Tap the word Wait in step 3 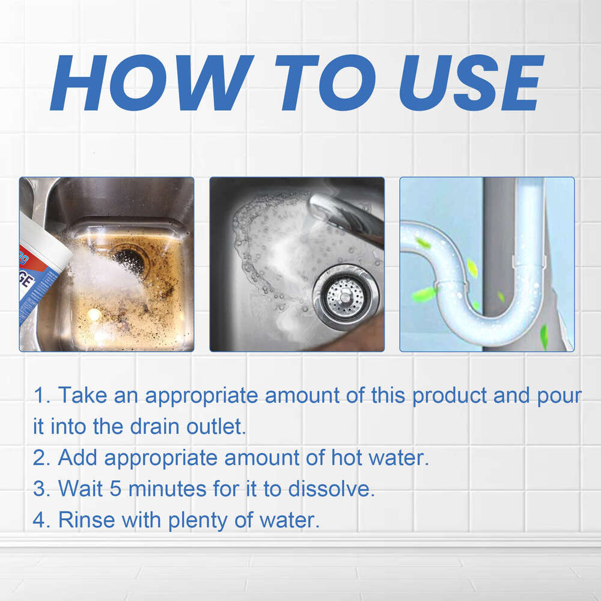point(80,489)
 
